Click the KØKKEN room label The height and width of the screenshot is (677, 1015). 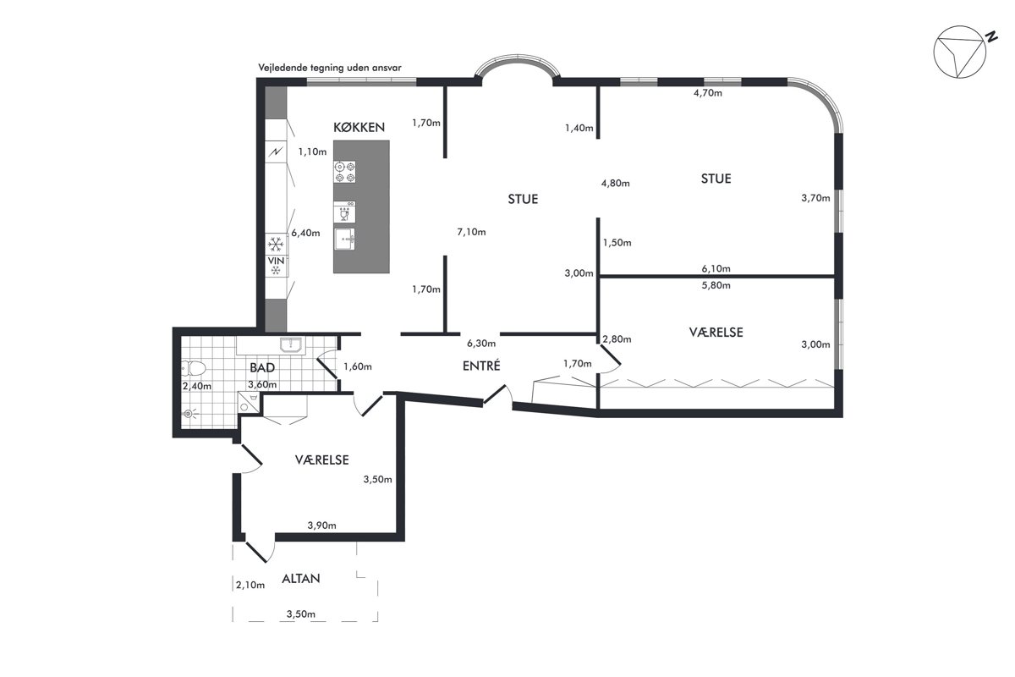click(x=359, y=128)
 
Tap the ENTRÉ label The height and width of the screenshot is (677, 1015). click(x=481, y=366)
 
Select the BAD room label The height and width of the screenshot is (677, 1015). click(x=262, y=367)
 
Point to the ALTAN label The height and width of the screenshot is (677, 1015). click(x=301, y=579)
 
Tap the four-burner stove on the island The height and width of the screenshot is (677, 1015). click(x=344, y=172)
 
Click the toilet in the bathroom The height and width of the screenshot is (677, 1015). click(x=194, y=368)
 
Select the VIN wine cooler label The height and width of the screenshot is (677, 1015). click(x=276, y=261)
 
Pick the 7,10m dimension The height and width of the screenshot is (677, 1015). click(x=471, y=232)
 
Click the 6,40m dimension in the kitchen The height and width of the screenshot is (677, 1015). click(x=305, y=233)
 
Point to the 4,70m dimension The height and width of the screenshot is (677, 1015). click(x=708, y=93)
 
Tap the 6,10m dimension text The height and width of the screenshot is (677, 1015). click(x=716, y=268)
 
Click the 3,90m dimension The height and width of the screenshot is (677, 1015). click(x=321, y=526)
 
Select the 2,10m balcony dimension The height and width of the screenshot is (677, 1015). click(x=250, y=585)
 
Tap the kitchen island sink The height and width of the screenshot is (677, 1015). click(x=344, y=239)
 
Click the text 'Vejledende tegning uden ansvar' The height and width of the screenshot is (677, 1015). click(x=330, y=68)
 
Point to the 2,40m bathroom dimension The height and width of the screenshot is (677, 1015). click(x=196, y=387)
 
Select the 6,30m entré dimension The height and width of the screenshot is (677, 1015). click(x=481, y=344)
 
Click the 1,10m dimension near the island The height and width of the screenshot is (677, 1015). click(x=312, y=152)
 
